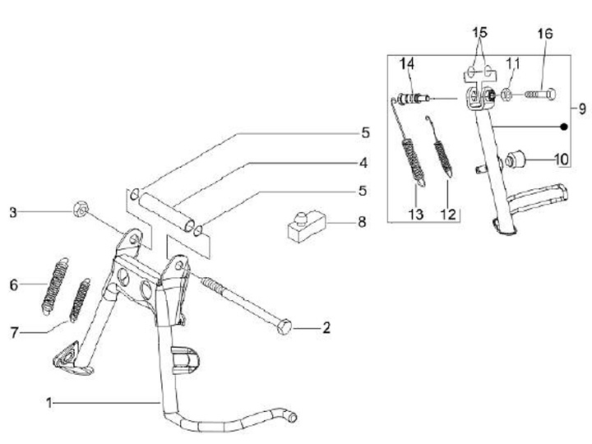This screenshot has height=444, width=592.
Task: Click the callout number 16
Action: (x=545, y=34)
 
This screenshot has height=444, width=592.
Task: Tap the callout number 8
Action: (x=362, y=222)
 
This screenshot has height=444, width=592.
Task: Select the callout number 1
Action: (x=49, y=403)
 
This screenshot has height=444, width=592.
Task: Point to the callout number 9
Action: (x=582, y=109)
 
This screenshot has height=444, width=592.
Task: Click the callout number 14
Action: (x=407, y=64)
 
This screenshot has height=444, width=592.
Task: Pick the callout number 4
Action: (x=363, y=163)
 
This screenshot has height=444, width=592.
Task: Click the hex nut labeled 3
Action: (x=81, y=209)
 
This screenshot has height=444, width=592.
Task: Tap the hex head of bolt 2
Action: (x=284, y=327)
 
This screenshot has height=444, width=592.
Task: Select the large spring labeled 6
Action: (x=55, y=286)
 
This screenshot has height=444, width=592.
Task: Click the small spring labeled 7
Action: (x=80, y=301)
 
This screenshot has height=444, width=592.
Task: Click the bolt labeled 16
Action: (x=540, y=94)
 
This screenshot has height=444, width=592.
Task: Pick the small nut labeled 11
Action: (x=507, y=95)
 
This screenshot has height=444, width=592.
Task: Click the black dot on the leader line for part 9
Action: (x=564, y=127)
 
